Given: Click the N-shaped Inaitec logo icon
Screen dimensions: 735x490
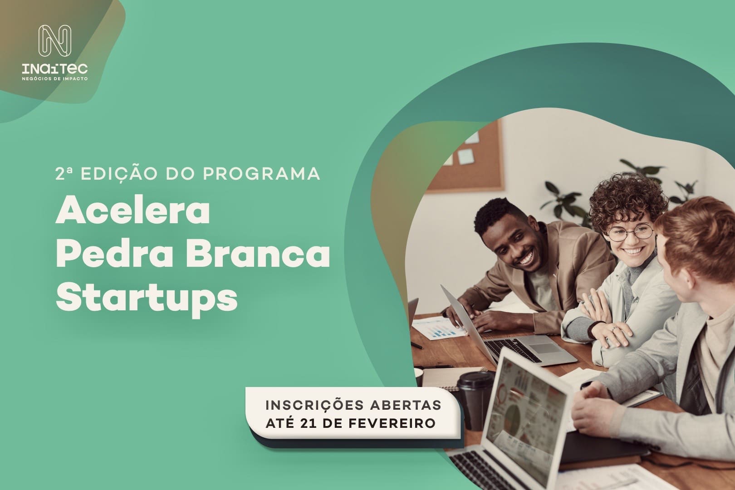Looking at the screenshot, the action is (x=55, y=40).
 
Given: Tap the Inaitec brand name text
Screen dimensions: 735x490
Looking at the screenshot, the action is (x=55, y=69).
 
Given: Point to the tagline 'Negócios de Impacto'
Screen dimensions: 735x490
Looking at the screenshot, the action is (x=55, y=79).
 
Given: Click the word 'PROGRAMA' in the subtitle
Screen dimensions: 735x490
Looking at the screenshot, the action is (x=261, y=174).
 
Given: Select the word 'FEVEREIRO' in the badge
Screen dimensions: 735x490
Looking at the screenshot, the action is (x=392, y=423).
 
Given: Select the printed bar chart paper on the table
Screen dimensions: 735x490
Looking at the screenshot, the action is (x=439, y=328).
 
